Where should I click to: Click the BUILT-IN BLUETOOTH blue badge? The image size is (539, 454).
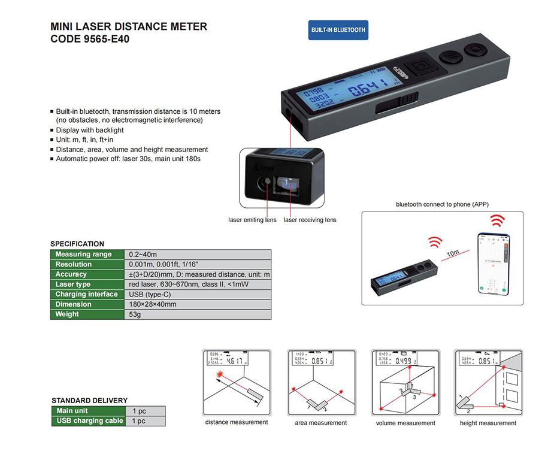(338, 30)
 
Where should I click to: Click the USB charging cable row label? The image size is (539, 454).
(89, 421)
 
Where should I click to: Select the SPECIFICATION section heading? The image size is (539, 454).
(77, 244)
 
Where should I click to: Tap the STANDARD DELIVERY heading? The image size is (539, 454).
(89, 400)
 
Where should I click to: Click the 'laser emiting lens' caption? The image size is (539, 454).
(252, 220)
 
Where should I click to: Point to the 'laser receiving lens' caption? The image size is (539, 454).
(310, 220)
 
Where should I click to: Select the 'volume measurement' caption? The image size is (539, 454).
(405, 423)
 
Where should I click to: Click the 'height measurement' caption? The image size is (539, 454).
(487, 423)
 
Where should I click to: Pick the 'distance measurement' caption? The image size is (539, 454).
(237, 422)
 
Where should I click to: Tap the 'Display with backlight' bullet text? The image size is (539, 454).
(90, 130)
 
